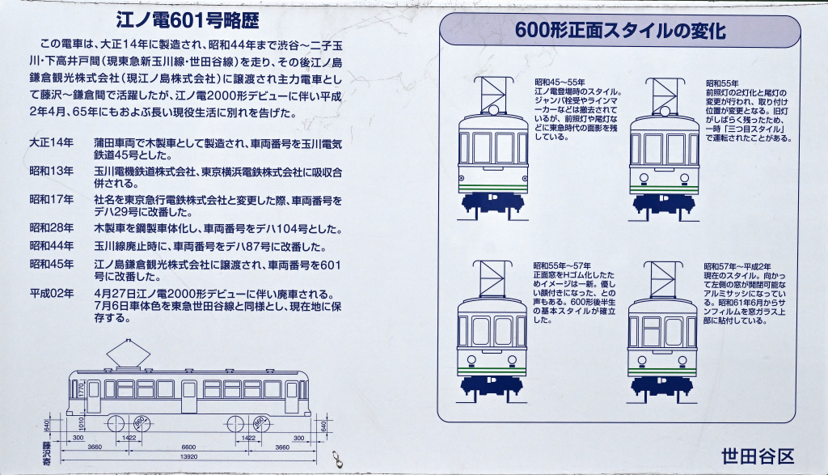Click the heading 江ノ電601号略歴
pyautogui.click(x=188, y=20)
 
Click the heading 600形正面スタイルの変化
pyautogui.click(x=620, y=31)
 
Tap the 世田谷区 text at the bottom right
pyautogui.click(x=758, y=456)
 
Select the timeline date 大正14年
pyautogui.click(x=51, y=142)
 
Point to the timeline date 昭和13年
pyautogui.click(x=51, y=172)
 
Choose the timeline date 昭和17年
pyautogui.click(x=51, y=200)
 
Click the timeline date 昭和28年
pyautogui.click(x=51, y=228)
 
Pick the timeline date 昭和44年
pyautogui.click(x=51, y=246)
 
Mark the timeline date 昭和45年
pyautogui.click(x=51, y=264)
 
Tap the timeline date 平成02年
pyautogui.click(x=51, y=294)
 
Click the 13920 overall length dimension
pyautogui.click(x=188, y=456)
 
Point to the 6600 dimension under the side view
pyautogui.click(x=188, y=447)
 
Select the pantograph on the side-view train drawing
pyautogui.click(x=128, y=354)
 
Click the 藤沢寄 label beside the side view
pyautogui.click(x=46, y=453)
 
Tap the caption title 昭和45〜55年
pyautogui.click(x=560, y=83)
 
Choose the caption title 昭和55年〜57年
pyautogui.click(x=562, y=265)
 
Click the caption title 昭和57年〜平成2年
pyautogui.click(x=737, y=266)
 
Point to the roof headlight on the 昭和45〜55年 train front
pyautogui.click(x=492, y=109)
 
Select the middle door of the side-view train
pyautogui.click(x=188, y=397)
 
